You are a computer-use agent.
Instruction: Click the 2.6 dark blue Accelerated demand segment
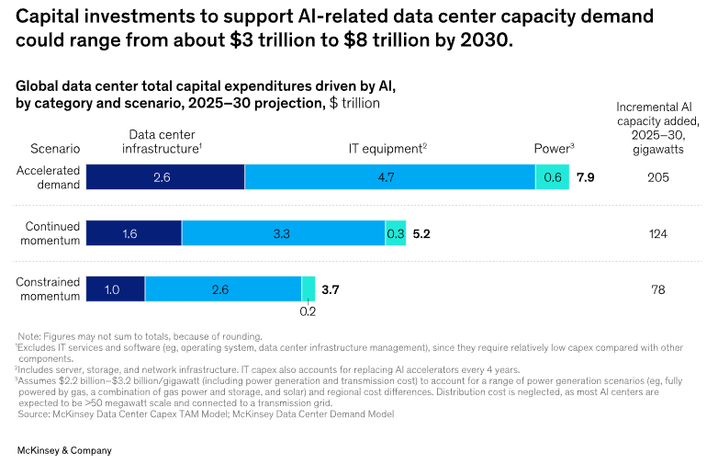pos(165,176)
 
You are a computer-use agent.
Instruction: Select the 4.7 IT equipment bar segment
pos(389,176)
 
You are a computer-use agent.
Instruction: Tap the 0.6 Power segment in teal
pos(552,176)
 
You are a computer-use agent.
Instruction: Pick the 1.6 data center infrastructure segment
pos(133,233)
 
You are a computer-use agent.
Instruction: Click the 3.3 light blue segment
pos(283,233)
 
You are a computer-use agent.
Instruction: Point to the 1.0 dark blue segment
pos(115,288)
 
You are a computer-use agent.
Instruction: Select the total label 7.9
pos(586,176)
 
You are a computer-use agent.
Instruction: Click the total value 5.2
pos(421,233)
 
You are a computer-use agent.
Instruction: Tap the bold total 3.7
pos(331,289)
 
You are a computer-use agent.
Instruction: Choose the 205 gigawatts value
pos(657,176)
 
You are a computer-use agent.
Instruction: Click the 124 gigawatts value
pos(657,233)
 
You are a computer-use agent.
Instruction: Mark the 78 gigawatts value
pos(657,289)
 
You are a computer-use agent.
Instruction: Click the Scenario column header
pos(55,148)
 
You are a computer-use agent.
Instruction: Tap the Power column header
pos(554,148)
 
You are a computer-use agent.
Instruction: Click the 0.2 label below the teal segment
pos(308,311)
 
